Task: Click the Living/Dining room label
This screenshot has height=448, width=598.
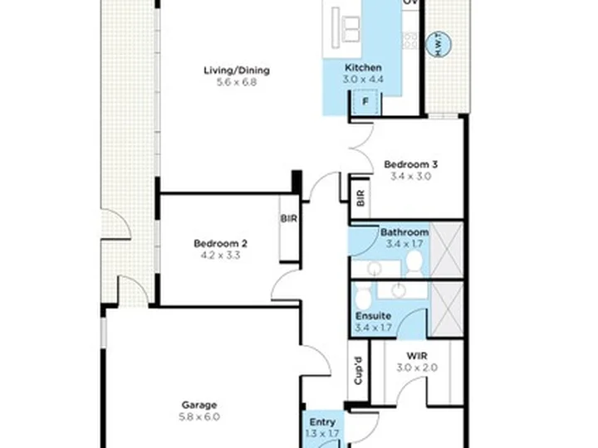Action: click(x=237, y=71)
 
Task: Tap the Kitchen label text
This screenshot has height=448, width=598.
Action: click(x=363, y=68)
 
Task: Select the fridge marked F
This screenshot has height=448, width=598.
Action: click(x=365, y=102)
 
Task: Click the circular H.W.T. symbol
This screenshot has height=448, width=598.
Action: click(x=439, y=45)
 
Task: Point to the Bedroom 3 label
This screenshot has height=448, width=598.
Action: click(x=411, y=164)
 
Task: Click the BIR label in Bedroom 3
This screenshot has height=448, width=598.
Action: click(x=360, y=198)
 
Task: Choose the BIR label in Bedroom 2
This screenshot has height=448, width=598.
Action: click(x=289, y=219)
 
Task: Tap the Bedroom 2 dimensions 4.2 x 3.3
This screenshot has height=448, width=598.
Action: click(x=220, y=256)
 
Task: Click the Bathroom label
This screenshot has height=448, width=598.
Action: click(x=404, y=232)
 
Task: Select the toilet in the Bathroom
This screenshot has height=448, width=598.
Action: click(x=414, y=264)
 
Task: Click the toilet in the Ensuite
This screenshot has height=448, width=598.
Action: click(x=362, y=295)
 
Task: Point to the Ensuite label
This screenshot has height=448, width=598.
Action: click(x=373, y=316)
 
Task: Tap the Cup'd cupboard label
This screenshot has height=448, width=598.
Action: click(x=358, y=371)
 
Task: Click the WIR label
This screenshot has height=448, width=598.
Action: click(x=417, y=356)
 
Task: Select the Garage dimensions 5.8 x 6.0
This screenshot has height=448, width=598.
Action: click(x=199, y=416)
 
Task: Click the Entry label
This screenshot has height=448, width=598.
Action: click(x=322, y=422)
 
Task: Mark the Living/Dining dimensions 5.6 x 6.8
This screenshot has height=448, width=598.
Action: click(x=237, y=82)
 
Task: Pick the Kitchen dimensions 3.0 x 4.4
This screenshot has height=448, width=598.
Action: click(x=363, y=80)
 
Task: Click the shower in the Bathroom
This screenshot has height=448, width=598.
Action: click(x=446, y=250)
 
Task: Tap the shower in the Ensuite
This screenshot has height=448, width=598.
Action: click(x=446, y=309)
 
